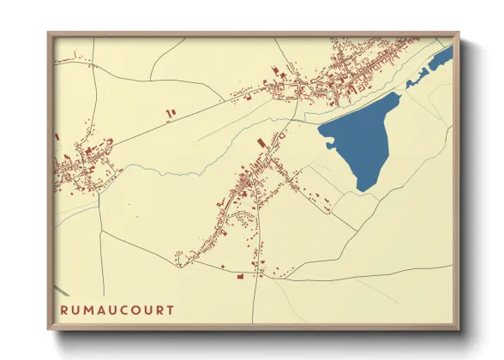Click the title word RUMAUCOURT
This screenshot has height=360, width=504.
(x=118, y=309)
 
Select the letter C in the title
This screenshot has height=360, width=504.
(x=124, y=309)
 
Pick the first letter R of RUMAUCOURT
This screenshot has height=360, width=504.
(x=65, y=309)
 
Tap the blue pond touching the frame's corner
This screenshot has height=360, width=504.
(x=441, y=59)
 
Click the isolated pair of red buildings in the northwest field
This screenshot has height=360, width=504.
(x=169, y=112)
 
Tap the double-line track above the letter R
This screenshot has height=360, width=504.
(x=59, y=288)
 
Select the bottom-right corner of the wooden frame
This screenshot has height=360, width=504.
(x=458, y=328)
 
